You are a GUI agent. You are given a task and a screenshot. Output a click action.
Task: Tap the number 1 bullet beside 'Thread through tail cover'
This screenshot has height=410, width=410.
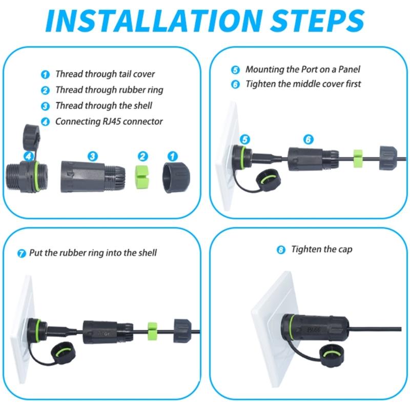coord(46,74)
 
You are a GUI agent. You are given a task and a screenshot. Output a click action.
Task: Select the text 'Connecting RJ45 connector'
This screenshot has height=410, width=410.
coord(109,121)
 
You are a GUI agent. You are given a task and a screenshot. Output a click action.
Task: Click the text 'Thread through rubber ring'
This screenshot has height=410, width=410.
coord(109,90)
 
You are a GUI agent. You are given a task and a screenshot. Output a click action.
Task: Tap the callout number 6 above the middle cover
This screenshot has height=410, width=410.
coord(307,139)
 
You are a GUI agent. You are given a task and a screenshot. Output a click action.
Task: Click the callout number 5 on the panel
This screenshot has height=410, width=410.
coord(244,139)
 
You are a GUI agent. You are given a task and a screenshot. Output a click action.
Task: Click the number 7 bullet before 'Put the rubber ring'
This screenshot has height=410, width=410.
coord(22,253)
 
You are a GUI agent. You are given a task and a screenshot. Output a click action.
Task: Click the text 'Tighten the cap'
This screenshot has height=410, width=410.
coord(322,250)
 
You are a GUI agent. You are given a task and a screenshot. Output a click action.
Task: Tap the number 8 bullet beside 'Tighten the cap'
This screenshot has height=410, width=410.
coord(280,250)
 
